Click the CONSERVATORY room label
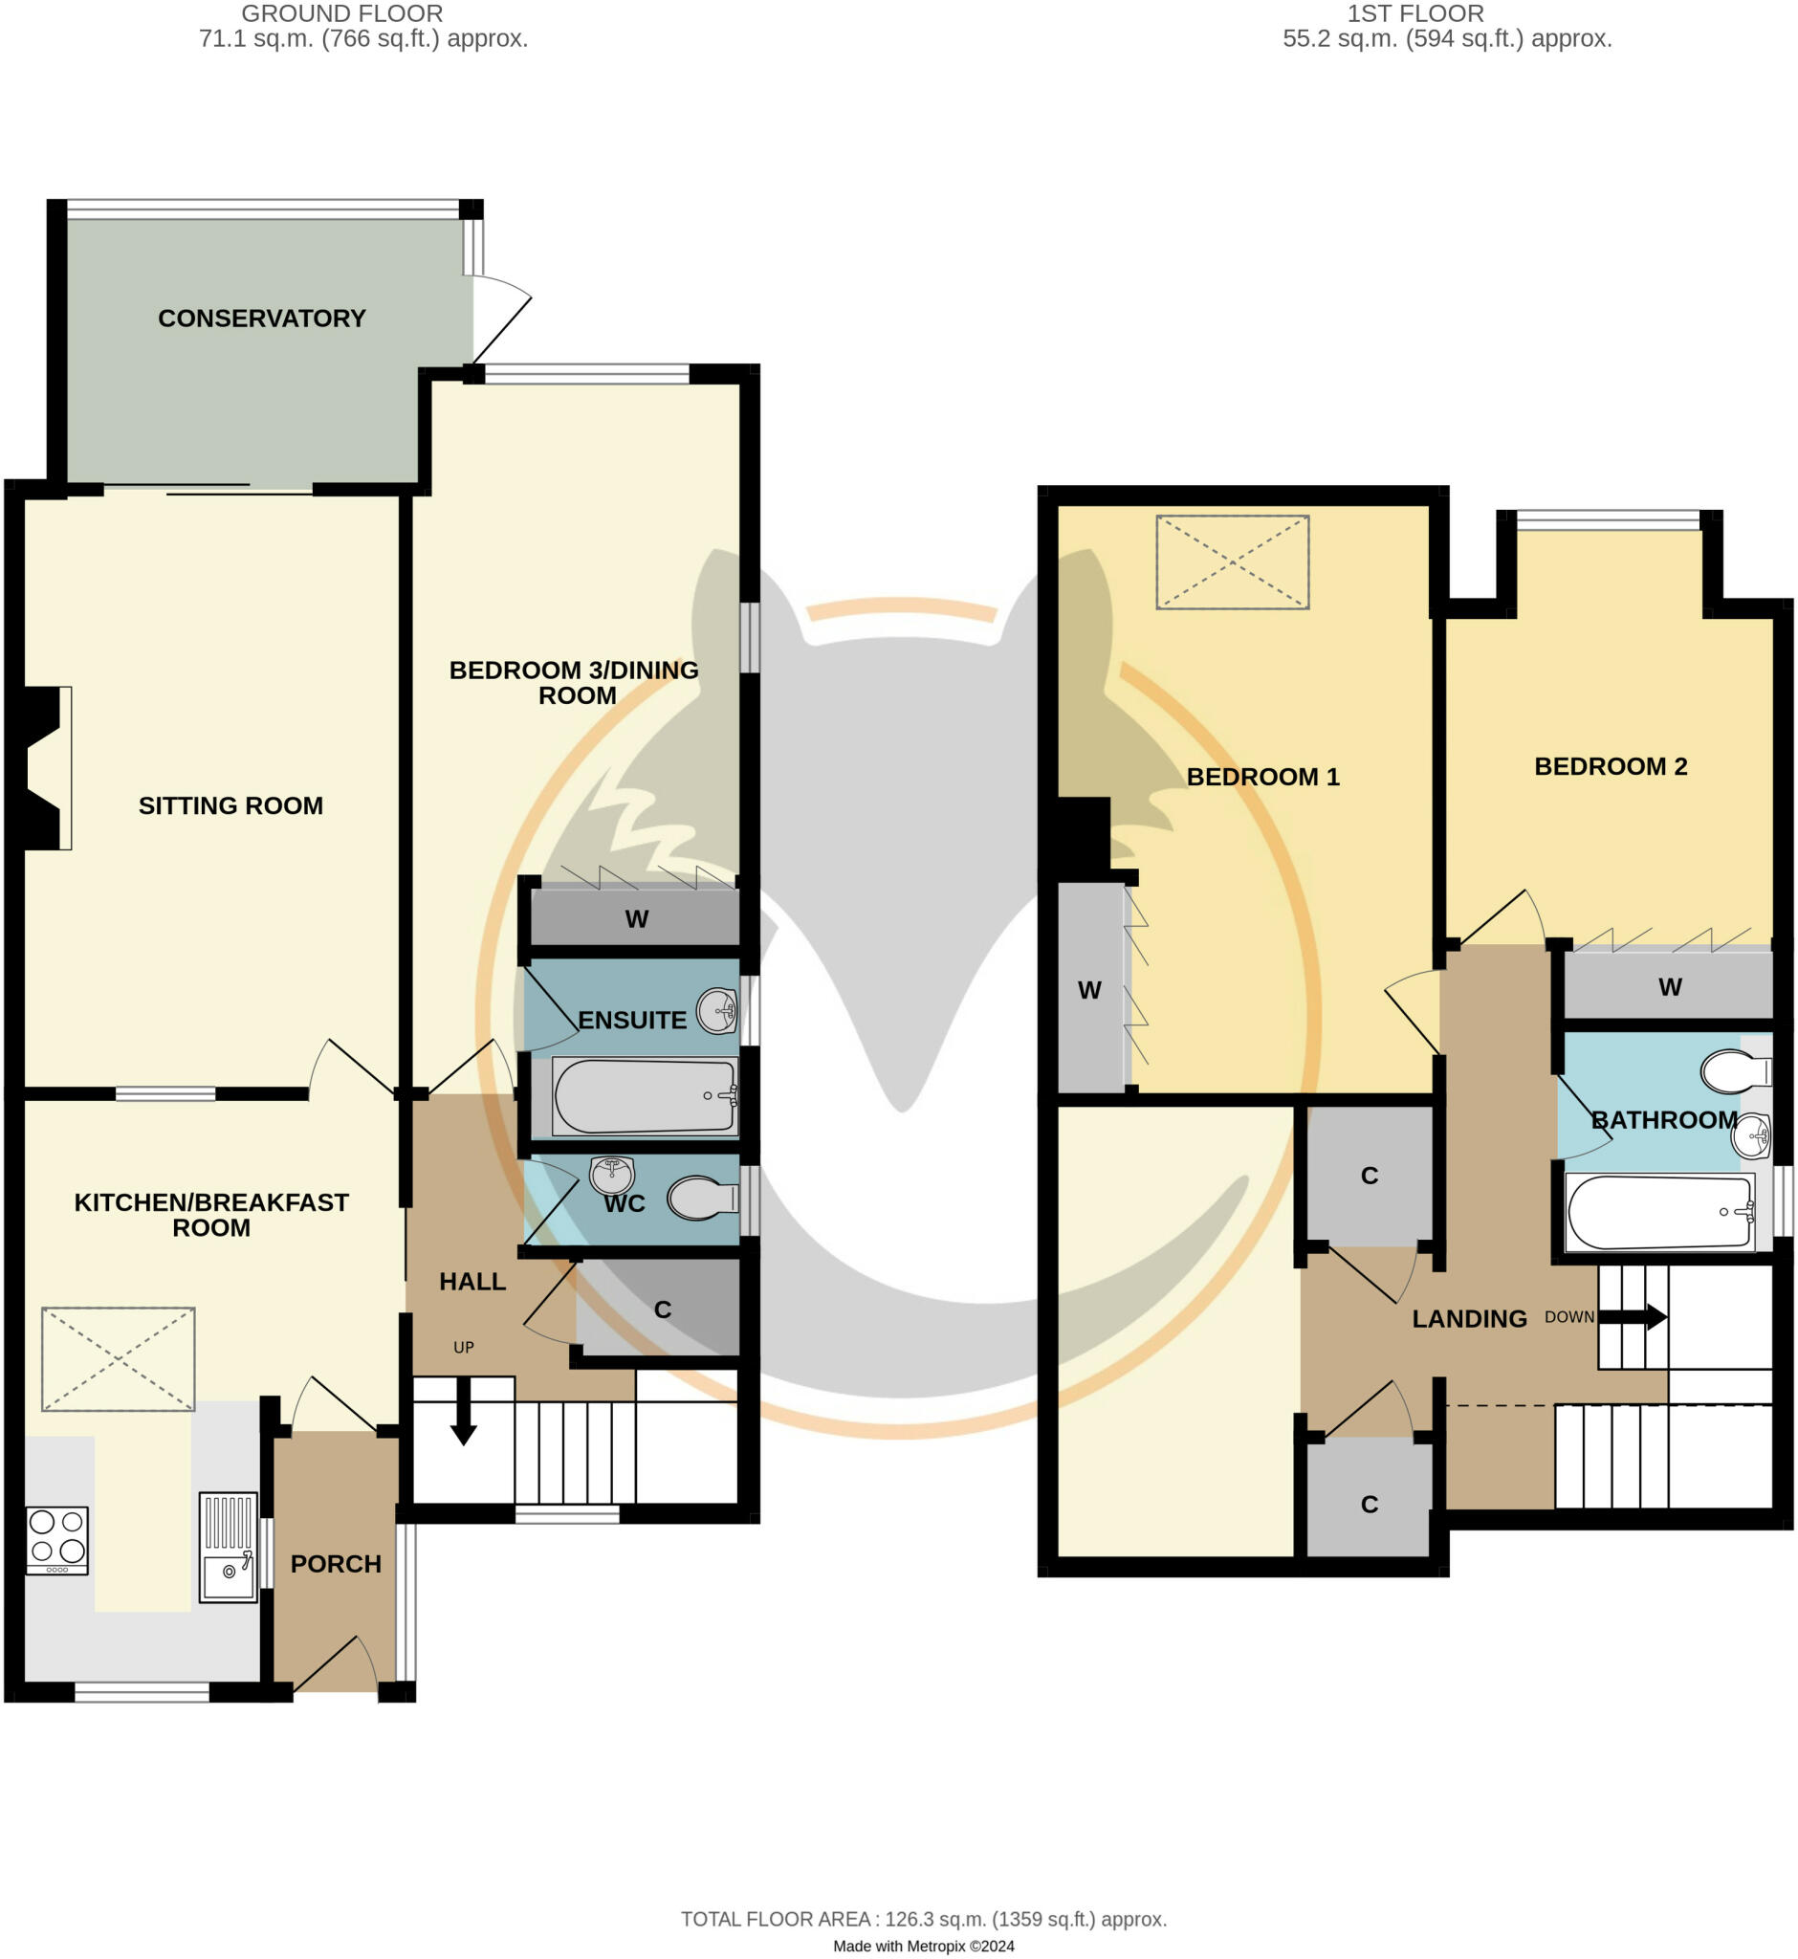pos(262,319)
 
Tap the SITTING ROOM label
pos(230,805)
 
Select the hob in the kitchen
pos(57,1540)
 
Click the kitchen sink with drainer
pos(228,1547)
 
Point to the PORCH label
pos(336,1564)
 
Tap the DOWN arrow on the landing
pos(1632,1318)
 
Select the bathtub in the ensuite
pos(644,1097)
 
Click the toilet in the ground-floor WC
pos(703,1199)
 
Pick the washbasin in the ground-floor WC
pos(612,1175)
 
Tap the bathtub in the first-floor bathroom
pos(1660,1213)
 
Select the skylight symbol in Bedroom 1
pos(1232,562)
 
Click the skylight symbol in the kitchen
pos(118,1358)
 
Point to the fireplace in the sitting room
pos(44,768)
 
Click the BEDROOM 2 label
pos(1611,767)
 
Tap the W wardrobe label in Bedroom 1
pos(1088,991)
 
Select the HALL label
pos(471,1282)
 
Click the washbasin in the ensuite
pos(718,1011)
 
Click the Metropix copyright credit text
pos(922,1947)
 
